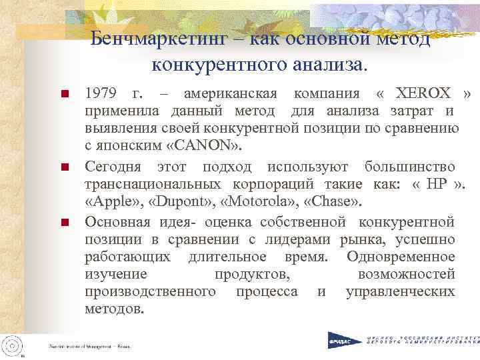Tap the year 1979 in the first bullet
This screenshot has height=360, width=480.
click(x=104, y=93)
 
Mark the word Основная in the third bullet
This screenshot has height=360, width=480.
click(x=117, y=220)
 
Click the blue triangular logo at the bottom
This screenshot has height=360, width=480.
click(x=342, y=340)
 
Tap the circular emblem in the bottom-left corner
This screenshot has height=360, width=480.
click(x=13, y=345)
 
